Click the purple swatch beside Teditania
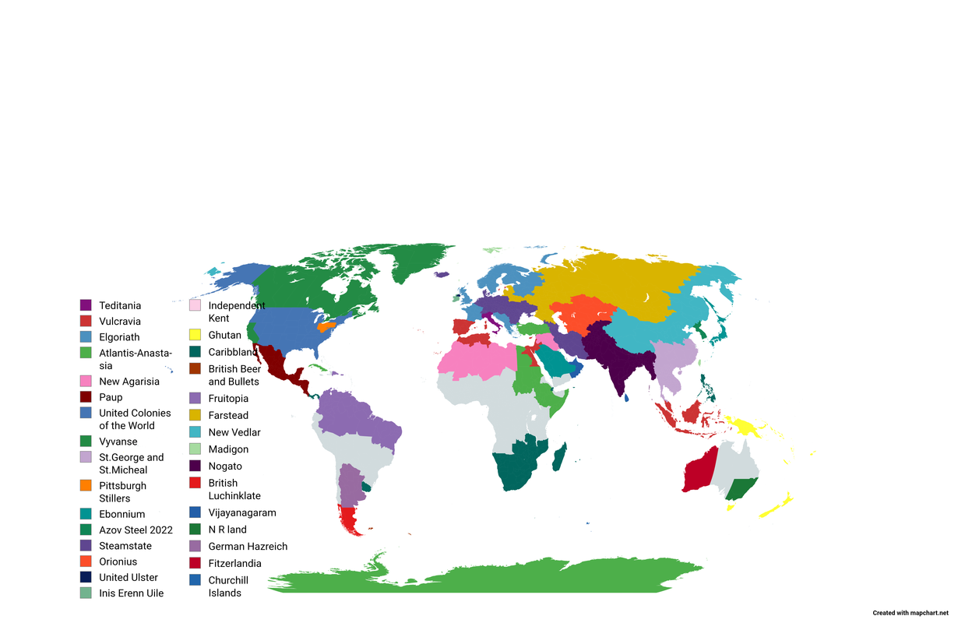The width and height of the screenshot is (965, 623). tap(86, 305)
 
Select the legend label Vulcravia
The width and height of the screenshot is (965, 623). tap(120, 321)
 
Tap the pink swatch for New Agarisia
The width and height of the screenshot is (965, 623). tap(86, 382)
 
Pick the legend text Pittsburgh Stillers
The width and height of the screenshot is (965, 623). tap(122, 491)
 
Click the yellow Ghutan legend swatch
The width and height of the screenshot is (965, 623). tap(195, 335)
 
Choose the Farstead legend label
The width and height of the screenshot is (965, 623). tap(228, 415)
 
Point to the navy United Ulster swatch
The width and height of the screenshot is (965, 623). tap(86, 577)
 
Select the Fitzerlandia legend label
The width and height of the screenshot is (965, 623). tap(234, 563)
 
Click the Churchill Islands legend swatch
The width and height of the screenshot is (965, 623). tap(195, 580)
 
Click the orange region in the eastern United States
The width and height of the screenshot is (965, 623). tap(326, 326)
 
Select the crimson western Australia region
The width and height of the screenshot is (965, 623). tap(698, 471)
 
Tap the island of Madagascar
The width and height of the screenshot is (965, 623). tap(558, 456)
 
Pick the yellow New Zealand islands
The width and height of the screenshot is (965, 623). tap(775, 507)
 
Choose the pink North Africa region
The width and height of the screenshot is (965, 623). tap(475, 362)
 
